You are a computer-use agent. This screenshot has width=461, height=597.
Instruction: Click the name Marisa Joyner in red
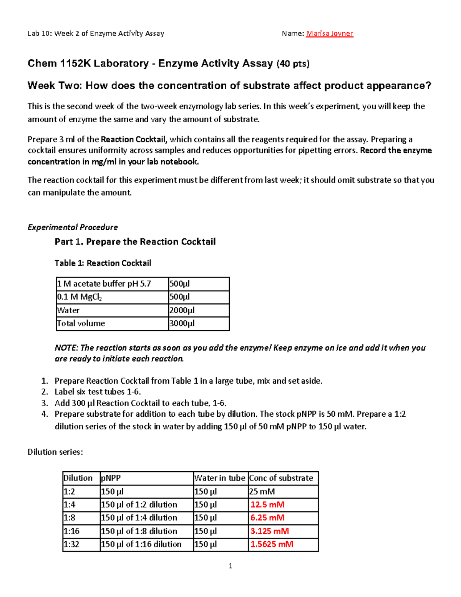(329, 33)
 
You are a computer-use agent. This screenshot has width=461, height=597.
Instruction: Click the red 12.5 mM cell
(267, 505)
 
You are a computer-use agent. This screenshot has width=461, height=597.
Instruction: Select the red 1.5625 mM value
(272, 544)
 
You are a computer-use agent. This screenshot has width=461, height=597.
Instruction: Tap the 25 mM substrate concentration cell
(262, 492)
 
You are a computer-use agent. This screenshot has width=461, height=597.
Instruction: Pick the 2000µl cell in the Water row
(182, 310)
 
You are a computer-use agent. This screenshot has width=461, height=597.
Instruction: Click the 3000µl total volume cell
(182, 323)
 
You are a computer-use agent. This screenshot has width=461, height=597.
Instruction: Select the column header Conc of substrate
(281, 478)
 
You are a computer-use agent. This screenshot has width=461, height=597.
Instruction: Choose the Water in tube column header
(220, 478)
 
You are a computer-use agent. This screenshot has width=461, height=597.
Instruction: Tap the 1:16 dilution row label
(71, 531)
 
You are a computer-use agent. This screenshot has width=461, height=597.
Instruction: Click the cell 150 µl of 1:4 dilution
(139, 518)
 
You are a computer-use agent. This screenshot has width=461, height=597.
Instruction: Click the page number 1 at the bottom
(230, 566)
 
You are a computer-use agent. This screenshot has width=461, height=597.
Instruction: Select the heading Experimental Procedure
(73, 227)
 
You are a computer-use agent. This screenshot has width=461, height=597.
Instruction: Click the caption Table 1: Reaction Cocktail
(103, 263)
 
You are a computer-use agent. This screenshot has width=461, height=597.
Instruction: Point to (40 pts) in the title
(293, 64)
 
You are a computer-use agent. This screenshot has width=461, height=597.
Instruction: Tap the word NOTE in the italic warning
(66, 348)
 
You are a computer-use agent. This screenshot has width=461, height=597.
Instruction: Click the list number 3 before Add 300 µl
(45, 403)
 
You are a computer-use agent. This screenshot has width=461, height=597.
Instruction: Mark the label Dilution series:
(55, 452)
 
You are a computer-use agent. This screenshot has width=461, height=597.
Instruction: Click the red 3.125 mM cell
(270, 531)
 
